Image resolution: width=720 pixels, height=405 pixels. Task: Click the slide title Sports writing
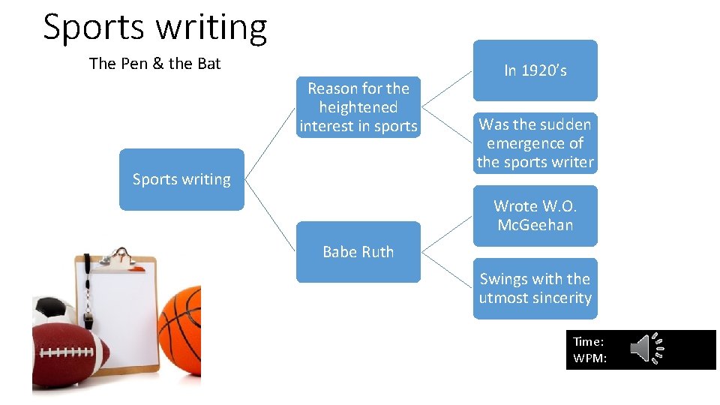pyautogui.click(x=154, y=27)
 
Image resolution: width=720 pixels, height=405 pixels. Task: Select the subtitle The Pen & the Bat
pyautogui.click(x=154, y=64)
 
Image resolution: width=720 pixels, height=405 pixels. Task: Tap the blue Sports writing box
pyautogui.click(x=181, y=179)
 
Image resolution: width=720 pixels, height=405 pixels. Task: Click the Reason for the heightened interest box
pyautogui.click(x=358, y=107)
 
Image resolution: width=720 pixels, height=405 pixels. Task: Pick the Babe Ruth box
pyautogui.click(x=358, y=252)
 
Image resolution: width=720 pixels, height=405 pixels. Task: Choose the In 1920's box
pyautogui.click(x=535, y=70)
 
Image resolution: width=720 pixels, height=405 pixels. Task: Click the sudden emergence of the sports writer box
pyautogui.click(x=535, y=143)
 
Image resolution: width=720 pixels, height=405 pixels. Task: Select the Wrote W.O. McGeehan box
pyautogui.click(x=535, y=215)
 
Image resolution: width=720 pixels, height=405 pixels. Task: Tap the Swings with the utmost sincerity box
pyautogui.click(x=535, y=288)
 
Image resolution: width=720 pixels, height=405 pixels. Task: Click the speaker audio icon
pyautogui.click(x=646, y=349)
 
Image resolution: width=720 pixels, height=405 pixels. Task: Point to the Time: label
pyautogui.click(x=588, y=342)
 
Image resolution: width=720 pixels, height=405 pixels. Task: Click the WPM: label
pyautogui.click(x=589, y=358)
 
